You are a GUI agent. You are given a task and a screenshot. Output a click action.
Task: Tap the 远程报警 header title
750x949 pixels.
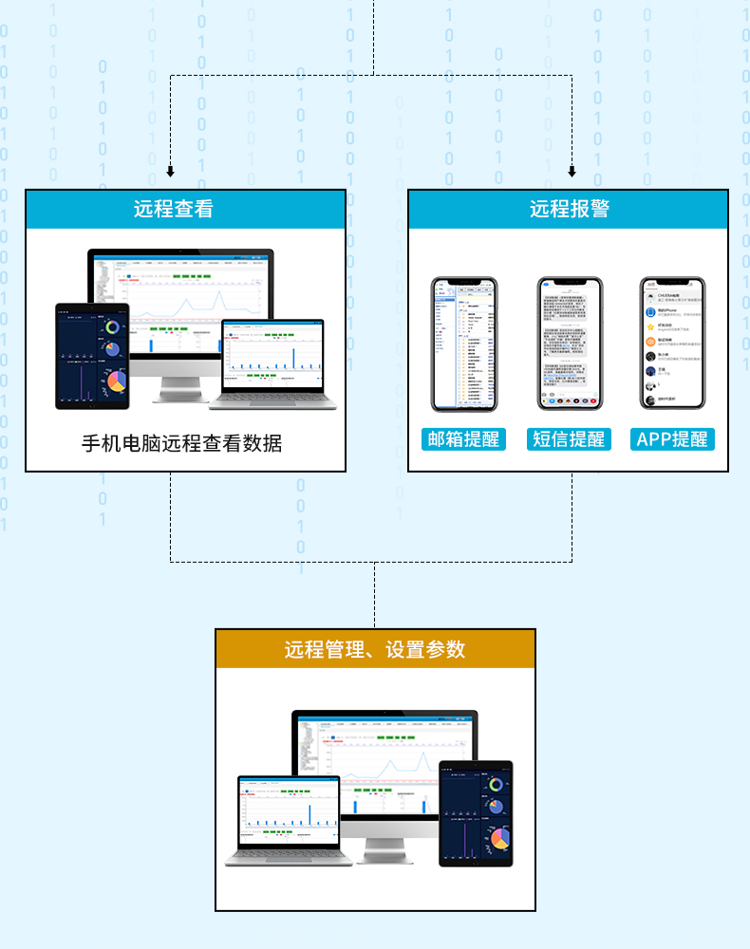tap(568, 209)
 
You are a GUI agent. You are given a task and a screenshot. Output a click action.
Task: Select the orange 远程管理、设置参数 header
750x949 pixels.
tap(375, 649)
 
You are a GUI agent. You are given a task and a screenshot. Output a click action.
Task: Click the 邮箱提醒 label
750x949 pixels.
tap(463, 438)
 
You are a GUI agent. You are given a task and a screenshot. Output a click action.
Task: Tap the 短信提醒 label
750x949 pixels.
tap(568, 438)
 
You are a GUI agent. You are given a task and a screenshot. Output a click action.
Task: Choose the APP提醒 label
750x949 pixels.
tap(672, 438)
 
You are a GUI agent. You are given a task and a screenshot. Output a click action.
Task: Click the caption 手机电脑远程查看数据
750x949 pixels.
tap(181, 442)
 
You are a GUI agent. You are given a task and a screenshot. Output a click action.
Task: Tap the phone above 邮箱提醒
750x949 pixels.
tap(464, 344)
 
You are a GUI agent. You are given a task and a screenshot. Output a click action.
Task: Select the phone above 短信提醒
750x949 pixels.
tap(569, 344)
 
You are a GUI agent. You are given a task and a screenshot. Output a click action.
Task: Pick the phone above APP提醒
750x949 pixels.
tap(672, 344)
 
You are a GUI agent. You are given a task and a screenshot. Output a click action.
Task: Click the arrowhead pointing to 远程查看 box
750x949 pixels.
tap(171, 173)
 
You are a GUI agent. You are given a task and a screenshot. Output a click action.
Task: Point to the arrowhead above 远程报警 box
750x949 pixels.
tap(572, 173)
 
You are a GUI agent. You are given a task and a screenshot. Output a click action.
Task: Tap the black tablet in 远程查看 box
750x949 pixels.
tap(92, 356)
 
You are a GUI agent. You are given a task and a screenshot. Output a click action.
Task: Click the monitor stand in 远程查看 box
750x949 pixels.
tap(179, 388)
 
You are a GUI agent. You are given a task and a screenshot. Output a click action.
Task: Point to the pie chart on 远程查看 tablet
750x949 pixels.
tap(116, 381)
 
